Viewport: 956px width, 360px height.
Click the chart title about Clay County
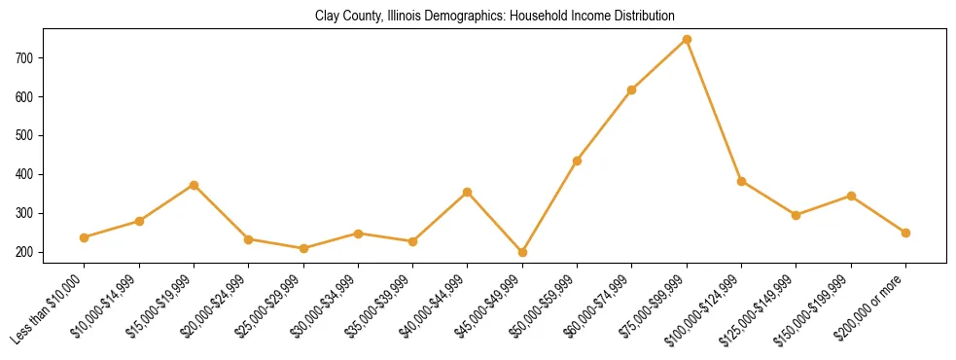(x=495, y=17)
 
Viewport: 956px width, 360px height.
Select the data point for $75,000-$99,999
(x=687, y=39)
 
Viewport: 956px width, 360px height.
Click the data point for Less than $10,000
(x=85, y=237)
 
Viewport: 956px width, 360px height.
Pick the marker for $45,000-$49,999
(x=522, y=252)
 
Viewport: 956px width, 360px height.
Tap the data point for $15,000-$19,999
(x=194, y=185)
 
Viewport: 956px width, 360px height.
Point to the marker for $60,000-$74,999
(x=632, y=90)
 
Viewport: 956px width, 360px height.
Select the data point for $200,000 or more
(x=905, y=233)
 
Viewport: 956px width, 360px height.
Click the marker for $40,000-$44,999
(x=468, y=192)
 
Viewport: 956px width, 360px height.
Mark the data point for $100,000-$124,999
(x=741, y=181)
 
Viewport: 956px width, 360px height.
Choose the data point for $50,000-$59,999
(x=577, y=161)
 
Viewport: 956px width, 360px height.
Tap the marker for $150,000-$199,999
(x=851, y=196)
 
